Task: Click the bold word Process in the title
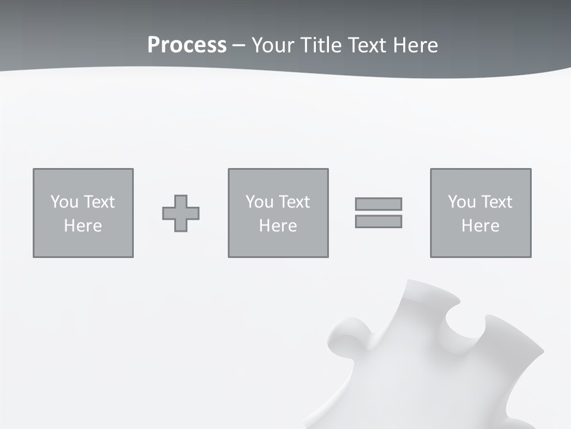pyautogui.click(x=187, y=45)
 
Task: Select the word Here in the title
pyautogui.click(x=416, y=45)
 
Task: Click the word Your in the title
pyautogui.click(x=272, y=45)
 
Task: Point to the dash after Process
pyautogui.click(x=239, y=46)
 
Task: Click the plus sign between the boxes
pyautogui.click(x=181, y=213)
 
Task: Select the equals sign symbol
pyautogui.click(x=378, y=213)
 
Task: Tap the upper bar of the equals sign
pyautogui.click(x=378, y=204)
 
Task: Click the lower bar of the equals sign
pyautogui.click(x=378, y=221)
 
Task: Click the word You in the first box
pyautogui.click(x=64, y=202)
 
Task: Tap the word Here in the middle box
pyautogui.click(x=278, y=226)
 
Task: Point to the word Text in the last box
pyautogui.click(x=497, y=202)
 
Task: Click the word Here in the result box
pyautogui.click(x=481, y=226)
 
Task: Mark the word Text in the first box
pyautogui.click(x=99, y=202)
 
